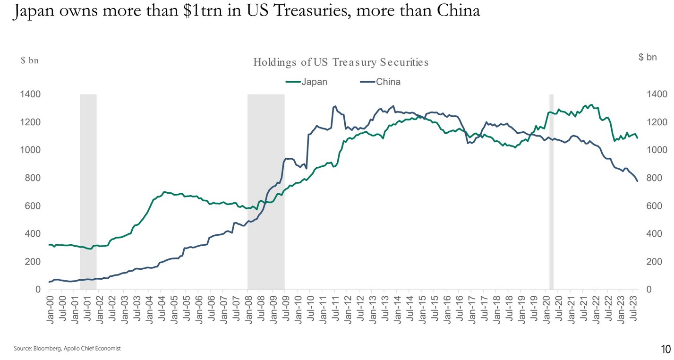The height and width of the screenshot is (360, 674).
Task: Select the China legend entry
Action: (x=388, y=82)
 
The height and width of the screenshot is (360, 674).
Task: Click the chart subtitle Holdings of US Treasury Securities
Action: (x=341, y=62)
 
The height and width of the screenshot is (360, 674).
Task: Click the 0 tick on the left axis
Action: (x=38, y=290)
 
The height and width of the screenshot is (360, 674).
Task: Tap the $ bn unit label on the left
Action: (x=29, y=60)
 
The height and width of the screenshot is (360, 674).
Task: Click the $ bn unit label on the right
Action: (x=647, y=57)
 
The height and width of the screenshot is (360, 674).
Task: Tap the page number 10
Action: (x=665, y=349)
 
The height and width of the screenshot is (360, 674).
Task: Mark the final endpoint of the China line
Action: (x=637, y=181)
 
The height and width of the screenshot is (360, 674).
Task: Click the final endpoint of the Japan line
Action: (x=637, y=138)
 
